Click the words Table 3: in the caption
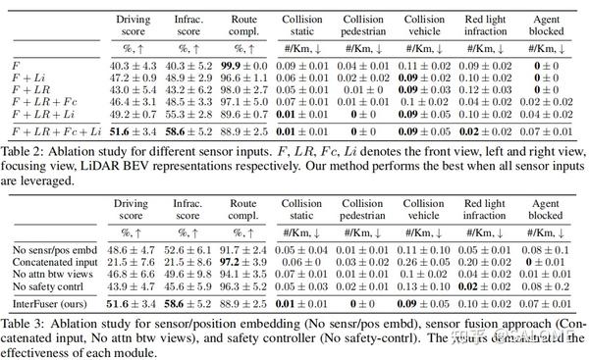21,324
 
